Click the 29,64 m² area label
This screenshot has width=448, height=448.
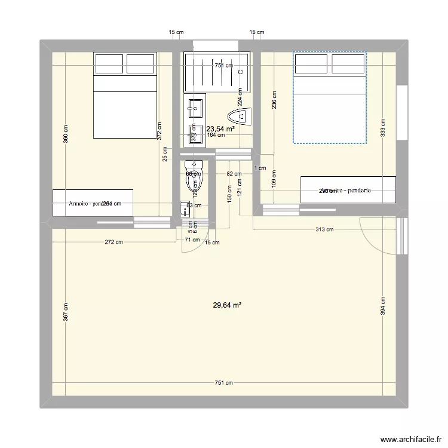(x=227, y=305)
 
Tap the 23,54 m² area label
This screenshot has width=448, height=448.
(x=220, y=128)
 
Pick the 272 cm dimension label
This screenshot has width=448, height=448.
(x=113, y=242)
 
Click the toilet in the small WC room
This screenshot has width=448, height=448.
(x=194, y=175)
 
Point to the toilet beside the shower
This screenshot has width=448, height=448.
(x=240, y=115)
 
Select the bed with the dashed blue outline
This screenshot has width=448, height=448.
(x=329, y=98)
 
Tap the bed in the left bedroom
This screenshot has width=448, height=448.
(x=125, y=96)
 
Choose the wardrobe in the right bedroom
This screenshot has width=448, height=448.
(x=348, y=190)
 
